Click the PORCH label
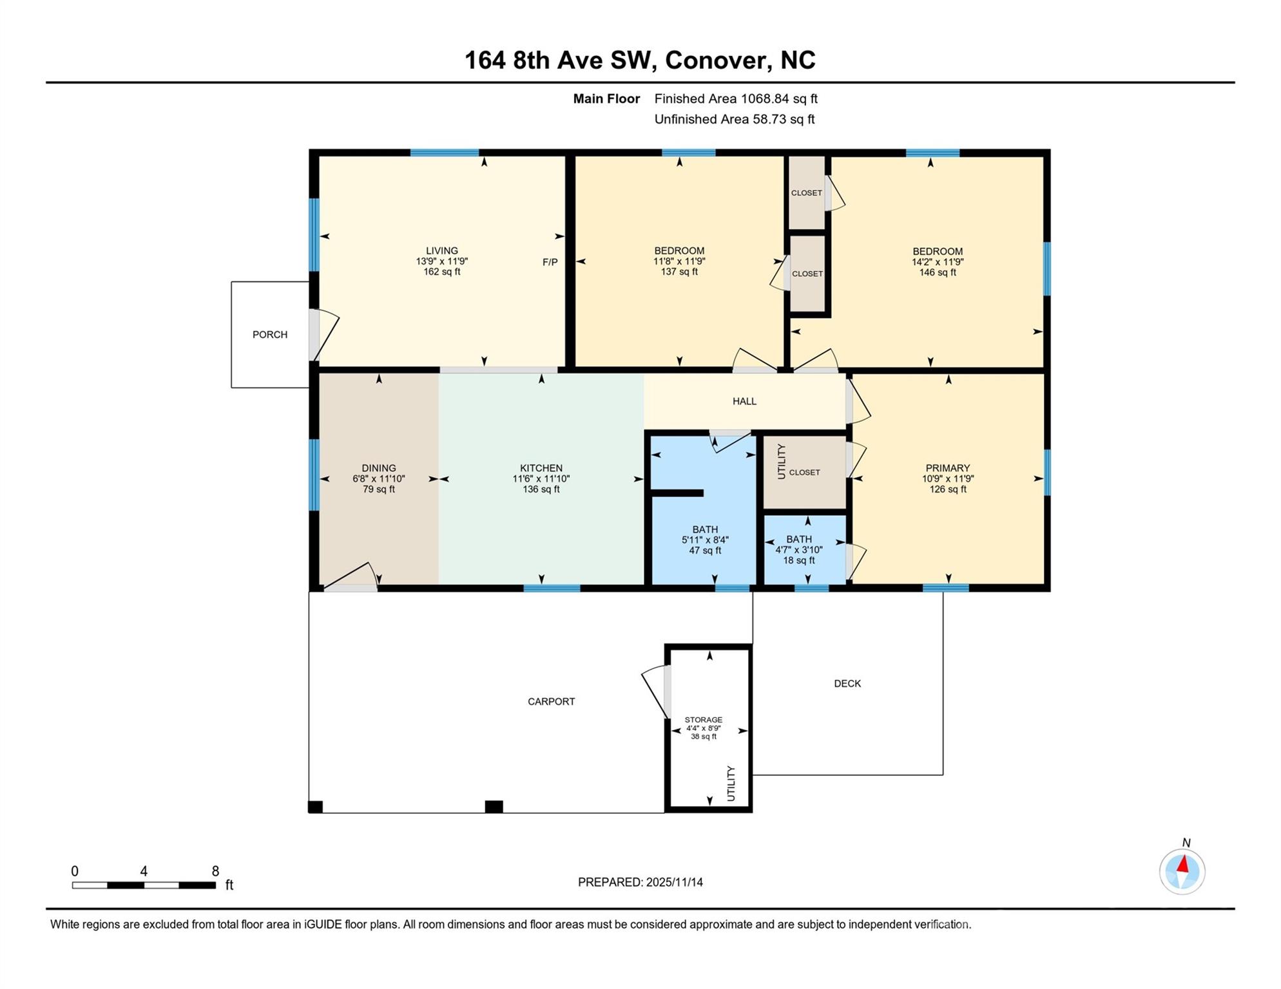tap(270, 335)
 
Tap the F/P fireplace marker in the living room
tap(550, 262)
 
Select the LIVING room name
tap(442, 251)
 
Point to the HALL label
tap(744, 401)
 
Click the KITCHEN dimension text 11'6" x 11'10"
tap(541, 479)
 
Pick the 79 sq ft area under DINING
tap(379, 489)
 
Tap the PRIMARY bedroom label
tap(948, 468)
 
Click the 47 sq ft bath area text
tap(705, 551)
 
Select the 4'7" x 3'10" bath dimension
tap(799, 550)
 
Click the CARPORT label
tap(551, 702)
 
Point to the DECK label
tap(847, 684)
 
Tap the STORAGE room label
tap(704, 720)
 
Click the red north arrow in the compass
tap(1183, 863)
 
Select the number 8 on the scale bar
tap(215, 872)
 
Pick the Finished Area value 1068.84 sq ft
tap(779, 99)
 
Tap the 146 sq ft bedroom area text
tap(938, 272)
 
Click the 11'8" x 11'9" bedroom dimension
tap(679, 261)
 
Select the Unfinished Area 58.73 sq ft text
tap(735, 120)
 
